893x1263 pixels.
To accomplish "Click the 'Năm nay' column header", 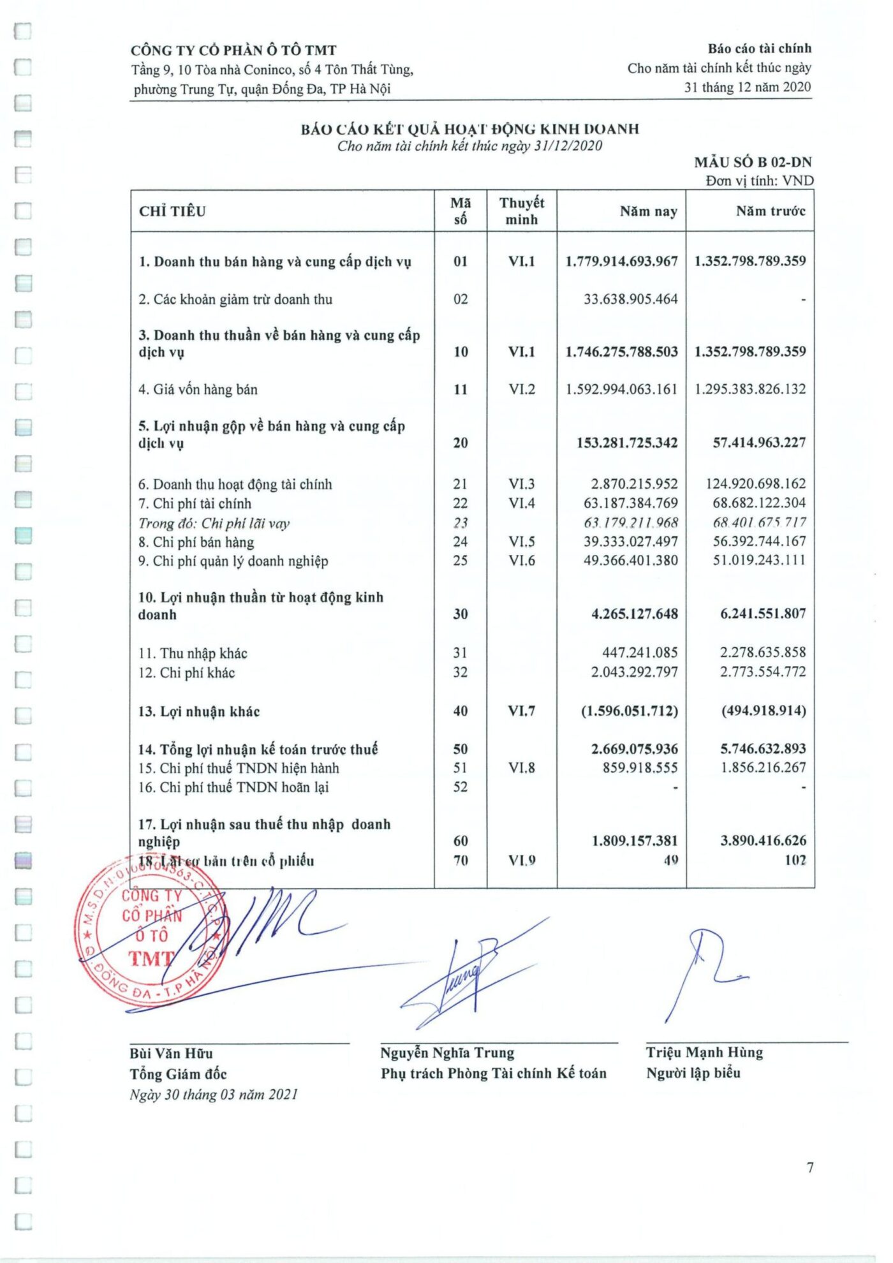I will (x=648, y=211).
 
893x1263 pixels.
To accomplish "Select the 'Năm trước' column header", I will (x=770, y=211).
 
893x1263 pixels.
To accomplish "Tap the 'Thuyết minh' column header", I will (x=521, y=211).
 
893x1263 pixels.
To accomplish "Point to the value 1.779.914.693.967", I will (x=621, y=261).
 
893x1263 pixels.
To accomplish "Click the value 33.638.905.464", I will (x=630, y=299).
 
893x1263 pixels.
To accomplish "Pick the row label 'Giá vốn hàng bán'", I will (x=198, y=389).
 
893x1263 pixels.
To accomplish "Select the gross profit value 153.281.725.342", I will (x=626, y=443).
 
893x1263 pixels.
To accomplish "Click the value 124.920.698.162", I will (x=755, y=484).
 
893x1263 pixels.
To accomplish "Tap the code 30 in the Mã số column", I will (x=460, y=614).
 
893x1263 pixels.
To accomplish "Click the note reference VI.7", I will (x=521, y=711).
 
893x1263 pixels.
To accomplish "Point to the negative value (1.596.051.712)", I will (x=629, y=711).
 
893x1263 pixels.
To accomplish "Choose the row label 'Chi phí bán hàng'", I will (x=196, y=542).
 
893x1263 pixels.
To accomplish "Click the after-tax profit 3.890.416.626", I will (x=763, y=841).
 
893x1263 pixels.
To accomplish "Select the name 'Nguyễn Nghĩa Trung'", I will (x=447, y=1052).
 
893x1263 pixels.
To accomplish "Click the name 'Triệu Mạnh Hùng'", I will (x=704, y=1052).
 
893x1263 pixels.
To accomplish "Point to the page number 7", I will (x=810, y=1167).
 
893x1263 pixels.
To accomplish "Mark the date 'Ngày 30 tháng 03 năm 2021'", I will (x=214, y=1095).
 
